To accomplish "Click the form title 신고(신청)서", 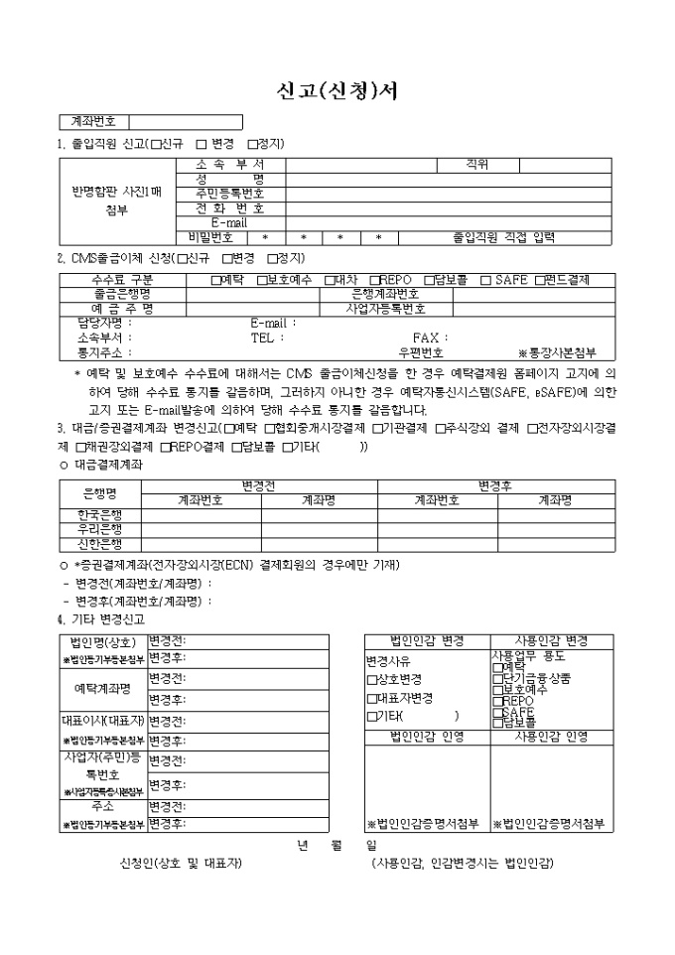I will point(337,90).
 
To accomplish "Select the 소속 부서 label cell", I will point(230,164).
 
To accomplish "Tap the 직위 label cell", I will point(476,164).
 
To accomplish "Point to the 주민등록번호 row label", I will point(230,194).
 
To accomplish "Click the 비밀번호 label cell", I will point(210,238).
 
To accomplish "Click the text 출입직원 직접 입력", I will point(503,238).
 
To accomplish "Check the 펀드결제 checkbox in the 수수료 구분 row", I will point(541,280).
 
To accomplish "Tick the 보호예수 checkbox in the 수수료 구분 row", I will point(262,280).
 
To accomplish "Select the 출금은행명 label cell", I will point(122,295).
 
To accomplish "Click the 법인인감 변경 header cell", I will point(427,641).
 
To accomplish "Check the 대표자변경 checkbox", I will point(371,698).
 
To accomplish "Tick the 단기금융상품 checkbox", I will point(497,678).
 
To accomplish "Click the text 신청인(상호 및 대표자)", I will point(181,863).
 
